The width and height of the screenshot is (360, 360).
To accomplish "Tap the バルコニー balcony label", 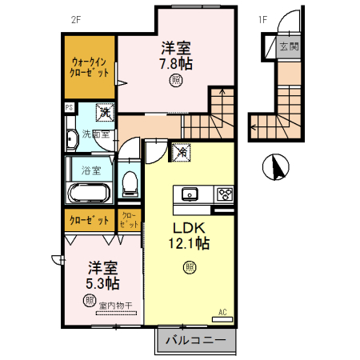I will tap(196, 340).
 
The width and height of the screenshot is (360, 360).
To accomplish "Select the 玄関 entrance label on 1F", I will tap(289, 46).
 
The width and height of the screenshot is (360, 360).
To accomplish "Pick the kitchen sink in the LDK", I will tap(190, 194).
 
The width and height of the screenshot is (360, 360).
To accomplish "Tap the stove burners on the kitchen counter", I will tap(224, 194).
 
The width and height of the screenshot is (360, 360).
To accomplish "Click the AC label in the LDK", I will tap(222, 311).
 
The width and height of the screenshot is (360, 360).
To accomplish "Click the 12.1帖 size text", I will tap(190, 242).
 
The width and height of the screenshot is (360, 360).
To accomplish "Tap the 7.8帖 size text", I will tap(175, 62).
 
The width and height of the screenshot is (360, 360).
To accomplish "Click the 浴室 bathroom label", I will tap(90, 170).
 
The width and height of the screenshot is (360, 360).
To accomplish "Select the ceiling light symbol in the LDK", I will tap(190, 267).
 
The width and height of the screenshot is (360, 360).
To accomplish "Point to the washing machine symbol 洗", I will tap(105, 113).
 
